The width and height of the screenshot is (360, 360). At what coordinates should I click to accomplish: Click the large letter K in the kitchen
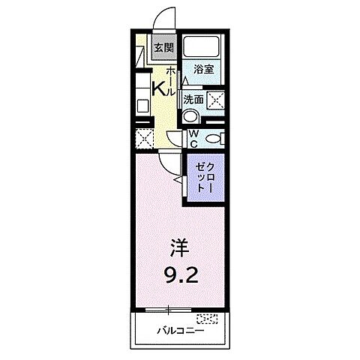pos(159,88)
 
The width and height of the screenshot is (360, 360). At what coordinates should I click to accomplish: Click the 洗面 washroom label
pos(193,97)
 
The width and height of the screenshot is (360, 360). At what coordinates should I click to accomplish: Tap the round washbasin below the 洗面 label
pos(191,116)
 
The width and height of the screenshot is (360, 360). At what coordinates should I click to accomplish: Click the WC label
pos(193,139)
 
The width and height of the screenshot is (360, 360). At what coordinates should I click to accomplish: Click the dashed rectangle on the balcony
pos(210,318)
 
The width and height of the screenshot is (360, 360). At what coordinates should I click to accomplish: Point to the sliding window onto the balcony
pos(169,310)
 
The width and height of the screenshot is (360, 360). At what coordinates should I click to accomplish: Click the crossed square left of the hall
pos(144,138)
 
